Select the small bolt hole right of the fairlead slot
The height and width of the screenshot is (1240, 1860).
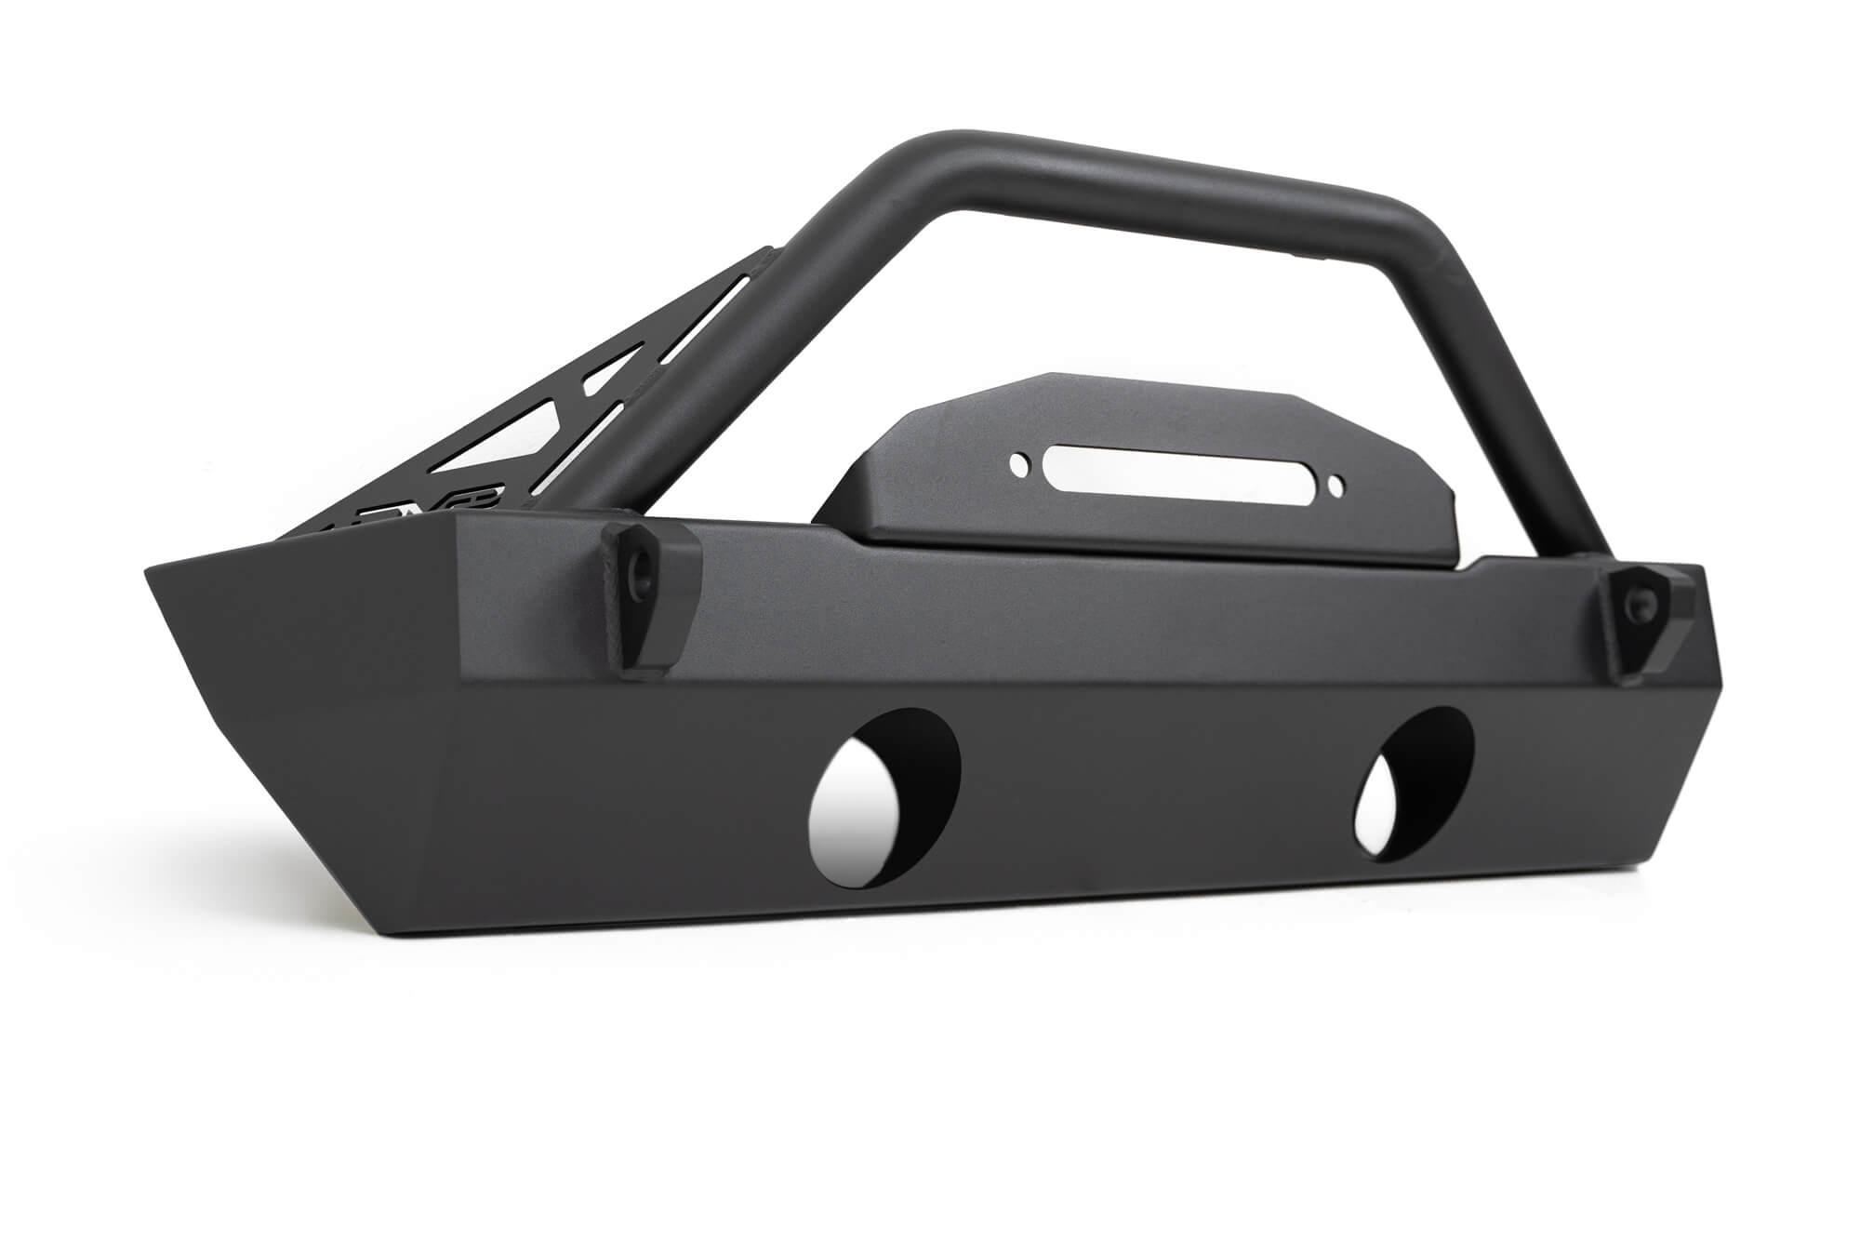click(1335, 486)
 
